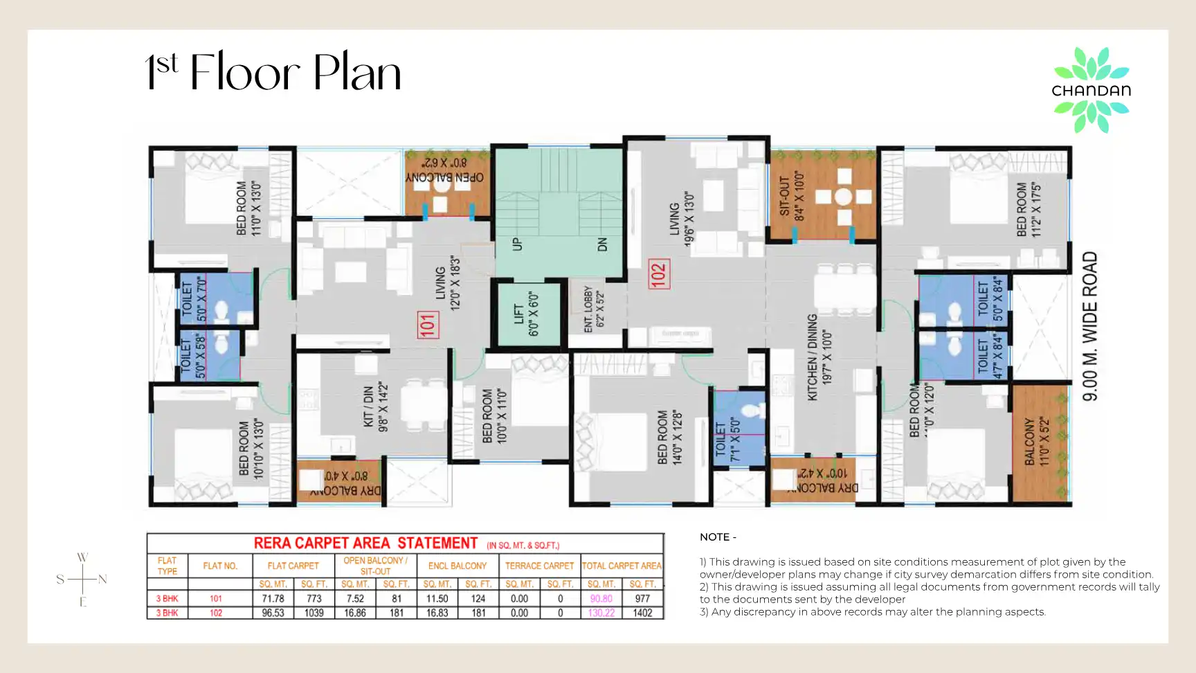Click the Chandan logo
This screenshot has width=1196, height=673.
pyautogui.click(x=1091, y=90)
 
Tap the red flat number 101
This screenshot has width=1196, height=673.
pyautogui.click(x=428, y=325)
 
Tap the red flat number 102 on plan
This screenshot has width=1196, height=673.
pyautogui.click(x=658, y=273)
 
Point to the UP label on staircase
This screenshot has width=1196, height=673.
pyautogui.click(x=516, y=244)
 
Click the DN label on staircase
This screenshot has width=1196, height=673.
pyautogui.click(x=602, y=244)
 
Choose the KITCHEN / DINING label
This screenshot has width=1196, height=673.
pyautogui.click(x=819, y=357)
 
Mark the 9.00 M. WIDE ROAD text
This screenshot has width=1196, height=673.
pyautogui.click(x=1089, y=326)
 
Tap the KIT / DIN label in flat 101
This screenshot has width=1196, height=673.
pyautogui.click(x=376, y=406)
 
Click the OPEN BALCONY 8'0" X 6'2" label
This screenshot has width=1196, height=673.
pyautogui.click(x=444, y=170)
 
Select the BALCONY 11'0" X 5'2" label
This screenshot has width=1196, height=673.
pyautogui.click(x=1037, y=441)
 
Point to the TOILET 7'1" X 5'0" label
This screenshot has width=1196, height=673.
pyautogui.click(x=727, y=440)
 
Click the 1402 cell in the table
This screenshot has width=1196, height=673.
pyautogui.click(x=642, y=613)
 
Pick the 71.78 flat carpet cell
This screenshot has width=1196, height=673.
pyautogui.click(x=273, y=598)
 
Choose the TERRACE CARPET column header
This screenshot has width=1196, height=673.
pyautogui.click(x=539, y=566)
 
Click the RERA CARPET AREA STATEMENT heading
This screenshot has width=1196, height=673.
pyautogui.click(x=365, y=543)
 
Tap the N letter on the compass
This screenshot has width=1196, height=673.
pyautogui.click(x=102, y=580)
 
